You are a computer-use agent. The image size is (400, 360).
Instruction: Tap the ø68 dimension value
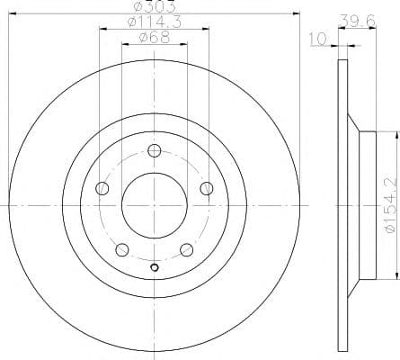pos(153,37)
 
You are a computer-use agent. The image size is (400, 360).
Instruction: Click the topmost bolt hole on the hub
pos(154,150)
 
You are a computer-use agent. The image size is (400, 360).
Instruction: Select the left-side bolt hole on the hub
pos(102,188)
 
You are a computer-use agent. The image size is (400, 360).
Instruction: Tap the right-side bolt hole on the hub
pos(207,188)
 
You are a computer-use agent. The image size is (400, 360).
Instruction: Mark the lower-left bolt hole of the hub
pos(121,249)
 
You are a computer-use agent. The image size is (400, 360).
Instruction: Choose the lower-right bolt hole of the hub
pos(186,249)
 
